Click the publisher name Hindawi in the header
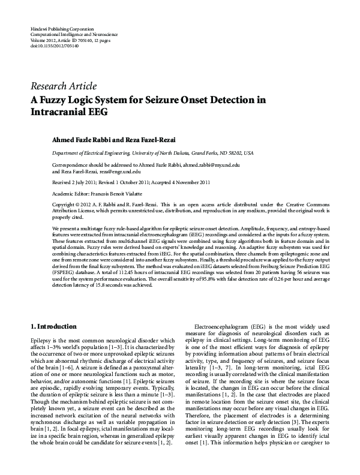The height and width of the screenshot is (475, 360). point(38,29)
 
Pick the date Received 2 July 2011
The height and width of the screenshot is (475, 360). point(74,182)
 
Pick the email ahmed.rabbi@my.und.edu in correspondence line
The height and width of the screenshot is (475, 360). point(211,164)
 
